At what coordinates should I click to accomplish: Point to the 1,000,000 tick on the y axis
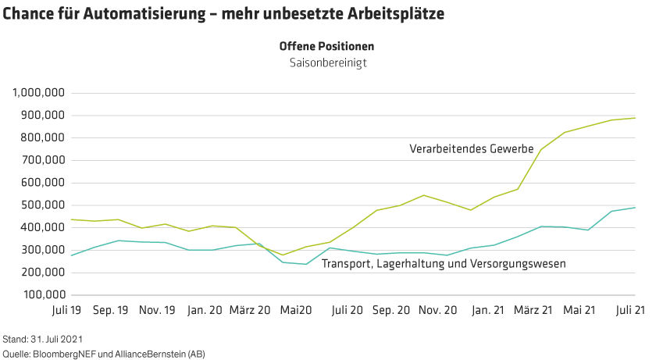click(x=37, y=93)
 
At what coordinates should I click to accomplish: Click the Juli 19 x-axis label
click(x=65, y=310)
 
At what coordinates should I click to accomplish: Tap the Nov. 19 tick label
click(x=157, y=310)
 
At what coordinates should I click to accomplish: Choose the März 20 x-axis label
click(x=250, y=310)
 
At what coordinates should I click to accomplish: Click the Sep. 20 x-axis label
click(x=390, y=310)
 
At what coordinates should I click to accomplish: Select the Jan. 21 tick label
click(x=487, y=310)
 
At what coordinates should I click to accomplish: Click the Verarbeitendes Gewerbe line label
click(x=471, y=148)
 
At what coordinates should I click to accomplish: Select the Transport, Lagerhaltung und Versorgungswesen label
click(x=443, y=264)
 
